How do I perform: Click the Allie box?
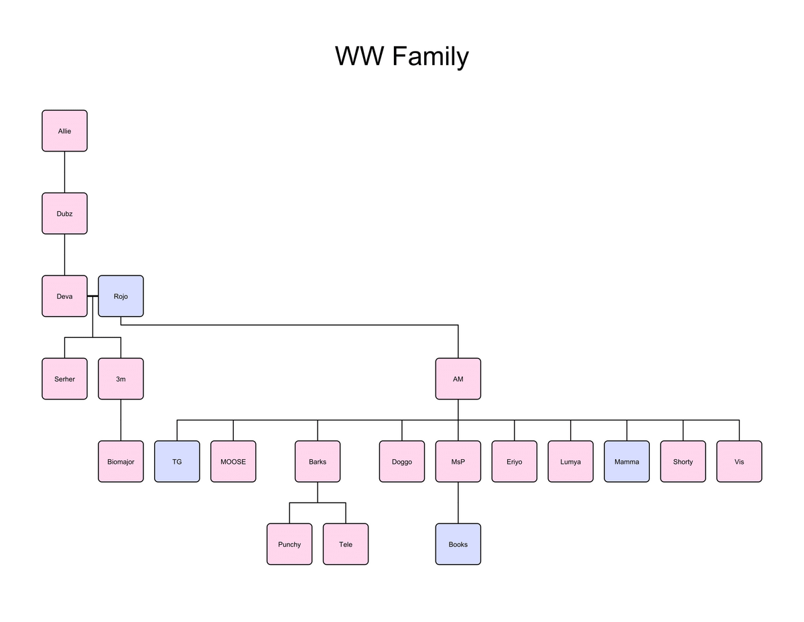pos(64,131)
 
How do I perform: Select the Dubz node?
pos(64,213)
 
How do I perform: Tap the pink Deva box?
pos(64,296)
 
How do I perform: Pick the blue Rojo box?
pos(121,296)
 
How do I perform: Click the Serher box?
pos(64,379)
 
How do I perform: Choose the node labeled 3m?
pos(121,379)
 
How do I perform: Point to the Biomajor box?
pos(121,461)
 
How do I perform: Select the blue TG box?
pos(177,461)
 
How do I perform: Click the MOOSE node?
pos(233,461)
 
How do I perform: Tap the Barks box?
pos(318,461)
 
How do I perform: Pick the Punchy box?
pos(289,544)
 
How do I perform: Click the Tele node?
pos(346,544)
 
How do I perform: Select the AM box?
pos(458,379)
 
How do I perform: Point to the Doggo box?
pos(402,461)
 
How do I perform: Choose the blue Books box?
pos(458,544)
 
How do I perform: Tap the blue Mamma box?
pos(627,461)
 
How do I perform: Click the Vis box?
pos(739,461)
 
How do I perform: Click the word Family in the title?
pos(430,56)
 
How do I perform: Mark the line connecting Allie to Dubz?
pos(64,172)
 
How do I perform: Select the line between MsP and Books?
pos(458,503)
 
